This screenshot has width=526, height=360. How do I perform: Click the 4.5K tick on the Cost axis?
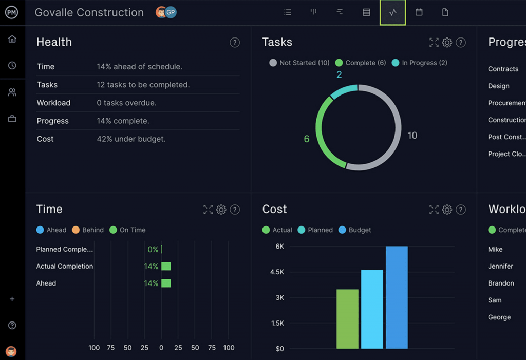click(x=277, y=272)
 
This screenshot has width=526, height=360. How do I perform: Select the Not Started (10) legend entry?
click(x=299, y=63)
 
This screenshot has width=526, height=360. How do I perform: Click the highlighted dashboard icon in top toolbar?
click(x=392, y=12)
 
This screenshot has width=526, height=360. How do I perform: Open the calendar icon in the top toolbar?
click(x=419, y=12)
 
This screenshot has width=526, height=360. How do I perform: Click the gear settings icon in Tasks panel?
click(x=447, y=43)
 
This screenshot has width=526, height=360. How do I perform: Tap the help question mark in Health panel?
click(x=235, y=43)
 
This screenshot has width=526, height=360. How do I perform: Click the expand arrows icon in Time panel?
click(x=208, y=210)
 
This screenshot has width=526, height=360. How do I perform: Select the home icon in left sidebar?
click(x=12, y=39)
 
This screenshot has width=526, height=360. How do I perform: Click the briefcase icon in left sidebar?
click(x=12, y=119)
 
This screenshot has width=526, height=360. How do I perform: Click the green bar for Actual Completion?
click(x=166, y=266)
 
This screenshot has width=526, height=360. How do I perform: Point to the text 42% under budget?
click(x=131, y=139)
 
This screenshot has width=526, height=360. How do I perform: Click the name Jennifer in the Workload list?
click(x=500, y=266)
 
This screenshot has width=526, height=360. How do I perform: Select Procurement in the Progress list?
click(x=506, y=103)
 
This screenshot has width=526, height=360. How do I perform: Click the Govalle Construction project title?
click(x=89, y=13)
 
